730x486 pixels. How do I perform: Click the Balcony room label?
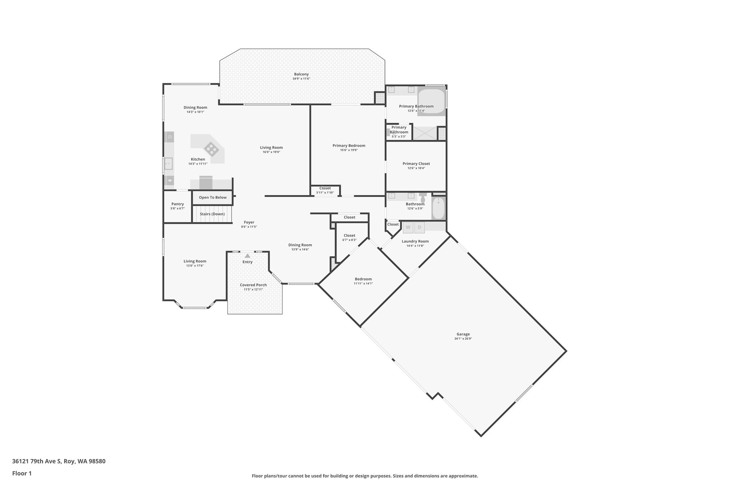pos(301,74)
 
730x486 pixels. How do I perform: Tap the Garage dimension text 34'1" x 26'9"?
pos(463,339)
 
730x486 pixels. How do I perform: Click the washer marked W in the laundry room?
pos(408,227)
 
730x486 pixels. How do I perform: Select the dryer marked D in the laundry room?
pos(419,227)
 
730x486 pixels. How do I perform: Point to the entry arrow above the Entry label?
pos(247,256)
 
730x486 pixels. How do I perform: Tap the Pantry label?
pos(178,204)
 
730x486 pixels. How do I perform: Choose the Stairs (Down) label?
pos(212,214)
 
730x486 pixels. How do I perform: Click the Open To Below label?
pos(213,197)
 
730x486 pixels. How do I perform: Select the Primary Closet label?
pos(416,164)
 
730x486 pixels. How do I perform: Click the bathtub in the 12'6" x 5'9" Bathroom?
pos(438,209)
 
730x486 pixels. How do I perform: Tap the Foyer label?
pos(249,222)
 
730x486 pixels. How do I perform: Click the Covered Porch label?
pos(253,285)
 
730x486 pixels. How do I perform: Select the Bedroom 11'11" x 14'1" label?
pos(363,279)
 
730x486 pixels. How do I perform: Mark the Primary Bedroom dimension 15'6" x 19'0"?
pos(349,150)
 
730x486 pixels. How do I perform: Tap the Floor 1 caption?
pos(22,473)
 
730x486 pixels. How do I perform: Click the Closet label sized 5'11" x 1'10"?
pos(325,188)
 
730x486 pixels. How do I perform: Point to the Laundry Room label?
pos(415,241)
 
